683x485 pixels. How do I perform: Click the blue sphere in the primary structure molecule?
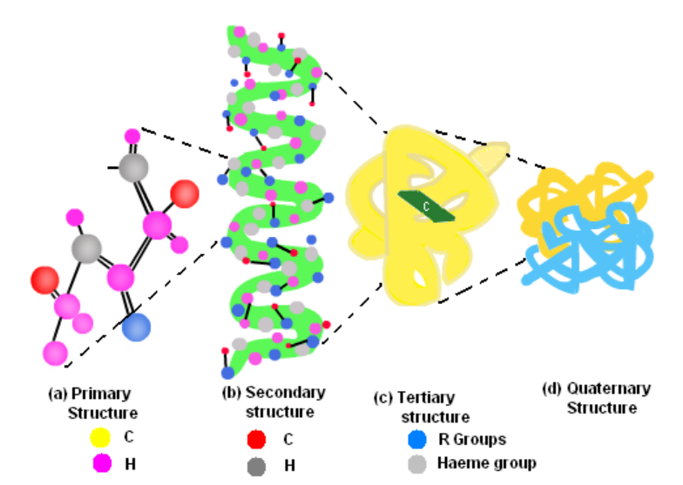click(137, 327)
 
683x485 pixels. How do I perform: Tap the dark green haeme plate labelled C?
click(427, 205)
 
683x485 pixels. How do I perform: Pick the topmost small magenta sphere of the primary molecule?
click(132, 136)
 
